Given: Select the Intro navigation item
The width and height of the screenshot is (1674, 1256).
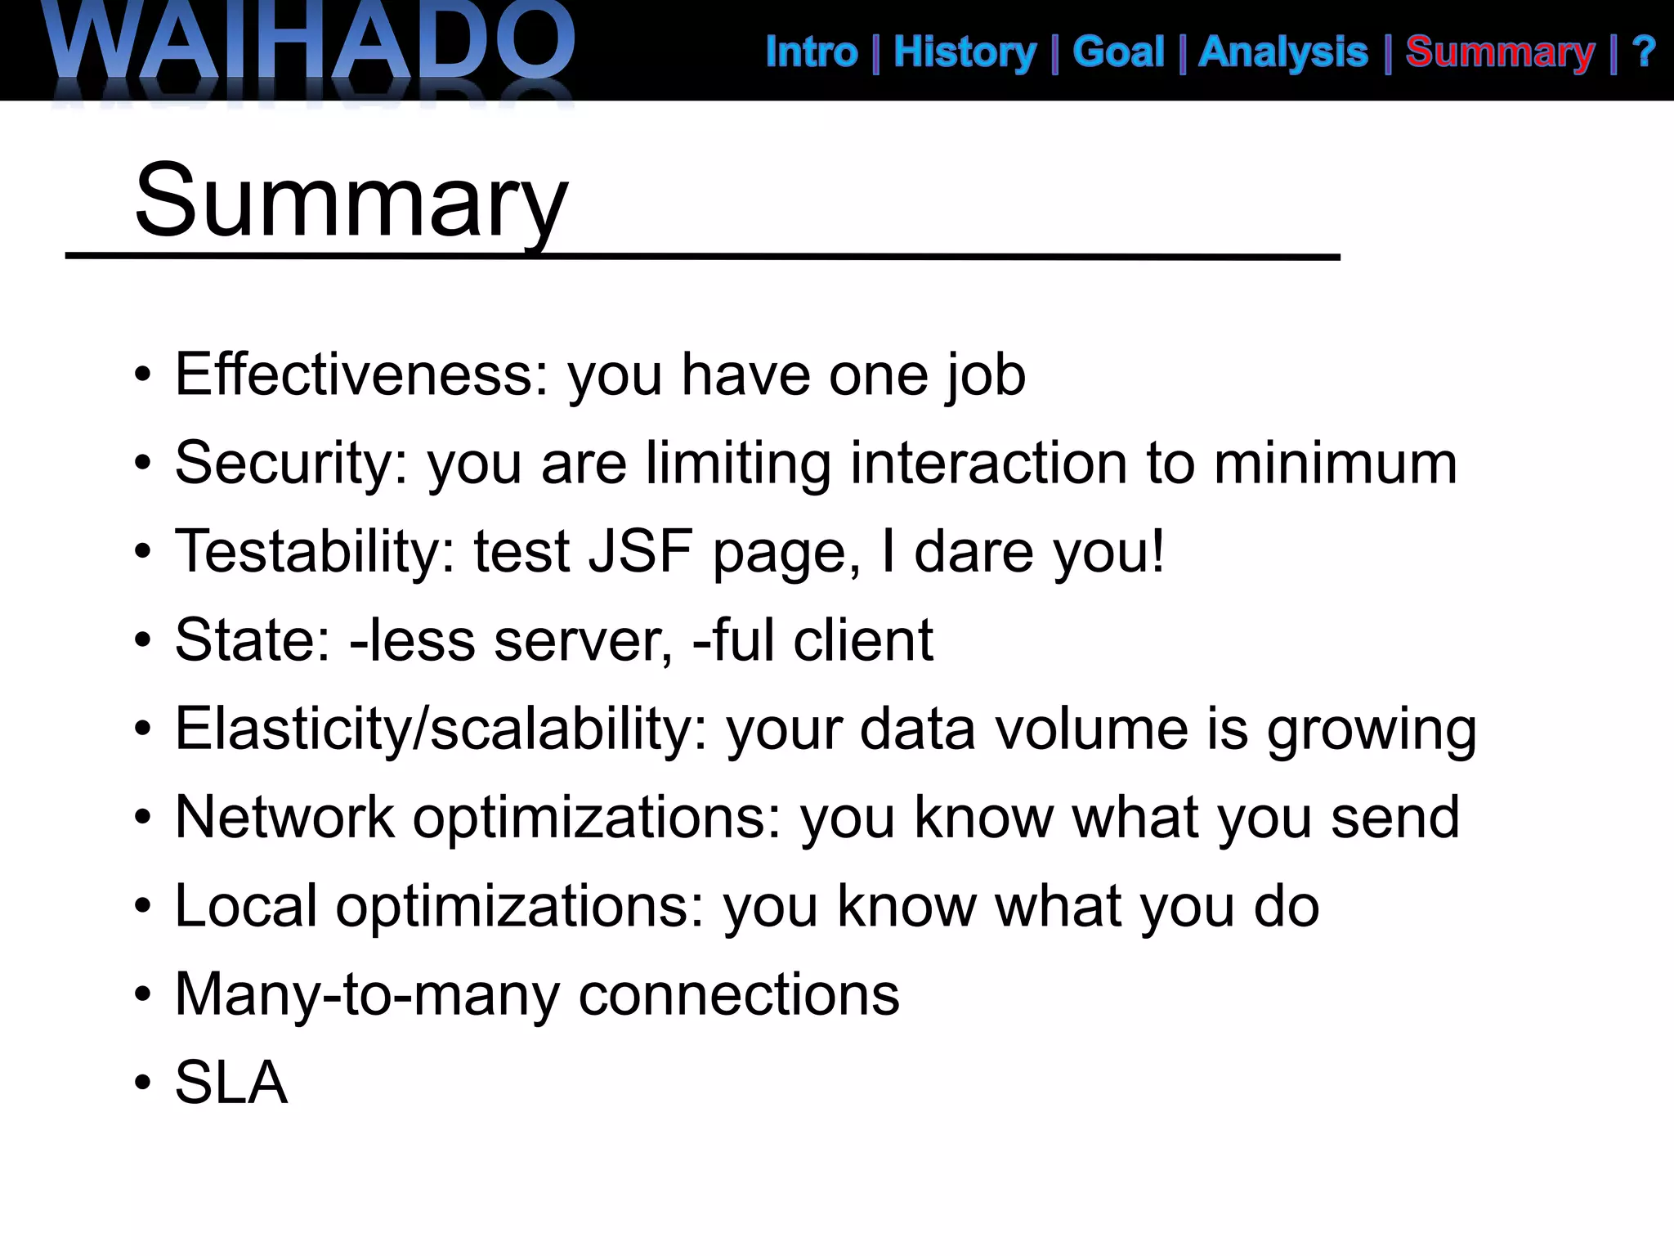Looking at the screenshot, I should click(812, 52).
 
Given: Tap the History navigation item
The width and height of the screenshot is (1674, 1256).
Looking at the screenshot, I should click(965, 52).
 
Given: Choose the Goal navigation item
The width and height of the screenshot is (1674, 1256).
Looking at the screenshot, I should click(1118, 52).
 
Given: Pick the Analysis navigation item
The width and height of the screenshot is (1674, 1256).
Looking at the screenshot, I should click(1283, 52).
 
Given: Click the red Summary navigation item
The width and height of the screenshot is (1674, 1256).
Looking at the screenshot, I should click(1500, 52).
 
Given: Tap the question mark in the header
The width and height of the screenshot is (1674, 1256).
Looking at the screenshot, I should click(1644, 52).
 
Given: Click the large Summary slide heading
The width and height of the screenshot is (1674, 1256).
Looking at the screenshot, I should click(351, 200).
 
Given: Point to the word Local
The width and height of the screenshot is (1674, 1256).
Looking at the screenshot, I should click(245, 905).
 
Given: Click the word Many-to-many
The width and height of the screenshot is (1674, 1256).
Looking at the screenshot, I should click(367, 994).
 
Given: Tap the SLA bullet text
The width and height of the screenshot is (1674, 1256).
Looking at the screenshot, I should click(231, 1083).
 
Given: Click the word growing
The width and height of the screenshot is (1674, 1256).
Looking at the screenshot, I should click(1372, 730).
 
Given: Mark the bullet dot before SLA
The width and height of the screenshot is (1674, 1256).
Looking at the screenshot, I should click(143, 1083).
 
